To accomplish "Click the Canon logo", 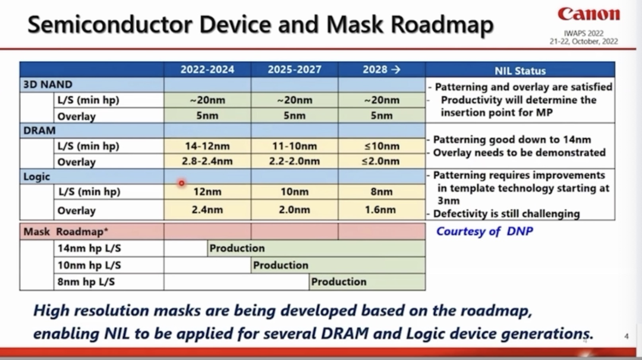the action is tap(588, 14).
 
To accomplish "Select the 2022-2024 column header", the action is tap(207, 70).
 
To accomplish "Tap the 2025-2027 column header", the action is tap(294, 70).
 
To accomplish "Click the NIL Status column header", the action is tap(520, 71).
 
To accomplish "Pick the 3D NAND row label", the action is tap(48, 84).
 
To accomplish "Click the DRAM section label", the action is tap(39, 131).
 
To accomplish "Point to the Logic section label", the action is tap(36, 176).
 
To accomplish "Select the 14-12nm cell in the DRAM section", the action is tap(207, 146).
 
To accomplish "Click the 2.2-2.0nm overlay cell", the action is tap(294, 161).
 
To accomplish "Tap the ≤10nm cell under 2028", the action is tap(381, 146).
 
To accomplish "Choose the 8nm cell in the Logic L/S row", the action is tap(381, 192).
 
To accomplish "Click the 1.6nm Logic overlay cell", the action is tap(380, 210).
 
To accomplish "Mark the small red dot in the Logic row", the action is tap(181, 183).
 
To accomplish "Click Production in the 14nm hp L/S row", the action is tap(237, 248).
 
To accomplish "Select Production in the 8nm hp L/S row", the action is tap(339, 282).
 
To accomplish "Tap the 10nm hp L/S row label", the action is tap(89, 266).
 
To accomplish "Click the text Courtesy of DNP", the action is tap(484, 232).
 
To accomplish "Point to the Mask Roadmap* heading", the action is tap(65, 232).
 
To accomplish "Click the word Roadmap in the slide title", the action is tap(442, 24).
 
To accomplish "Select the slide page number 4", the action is tap(627, 336).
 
